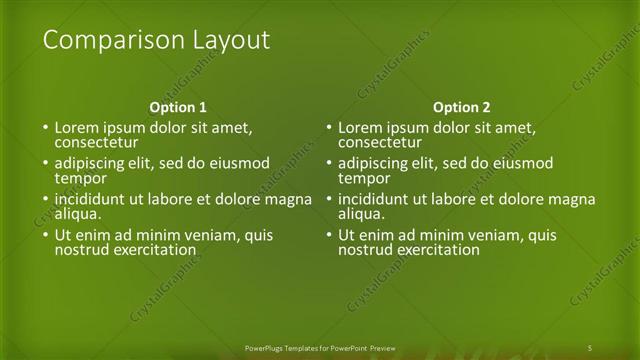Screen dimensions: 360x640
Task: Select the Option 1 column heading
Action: (178, 107)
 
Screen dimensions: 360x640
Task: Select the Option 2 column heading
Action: (461, 107)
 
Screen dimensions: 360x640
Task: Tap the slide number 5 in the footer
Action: (590, 347)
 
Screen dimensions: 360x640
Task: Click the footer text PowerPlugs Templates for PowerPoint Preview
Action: (320, 347)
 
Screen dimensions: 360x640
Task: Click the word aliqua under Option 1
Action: (76, 214)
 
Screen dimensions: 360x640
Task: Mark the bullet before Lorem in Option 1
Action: (44, 129)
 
